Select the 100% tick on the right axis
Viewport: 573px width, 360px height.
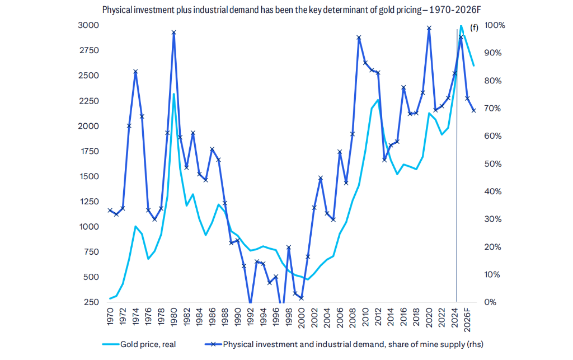(495, 25)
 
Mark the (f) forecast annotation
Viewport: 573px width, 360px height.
(475, 27)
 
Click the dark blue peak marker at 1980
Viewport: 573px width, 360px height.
(173, 32)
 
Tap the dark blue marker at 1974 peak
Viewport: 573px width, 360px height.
(135, 72)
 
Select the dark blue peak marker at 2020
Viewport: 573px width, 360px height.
(429, 28)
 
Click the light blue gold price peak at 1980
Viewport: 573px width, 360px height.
(173, 94)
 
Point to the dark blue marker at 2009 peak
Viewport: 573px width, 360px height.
(359, 38)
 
